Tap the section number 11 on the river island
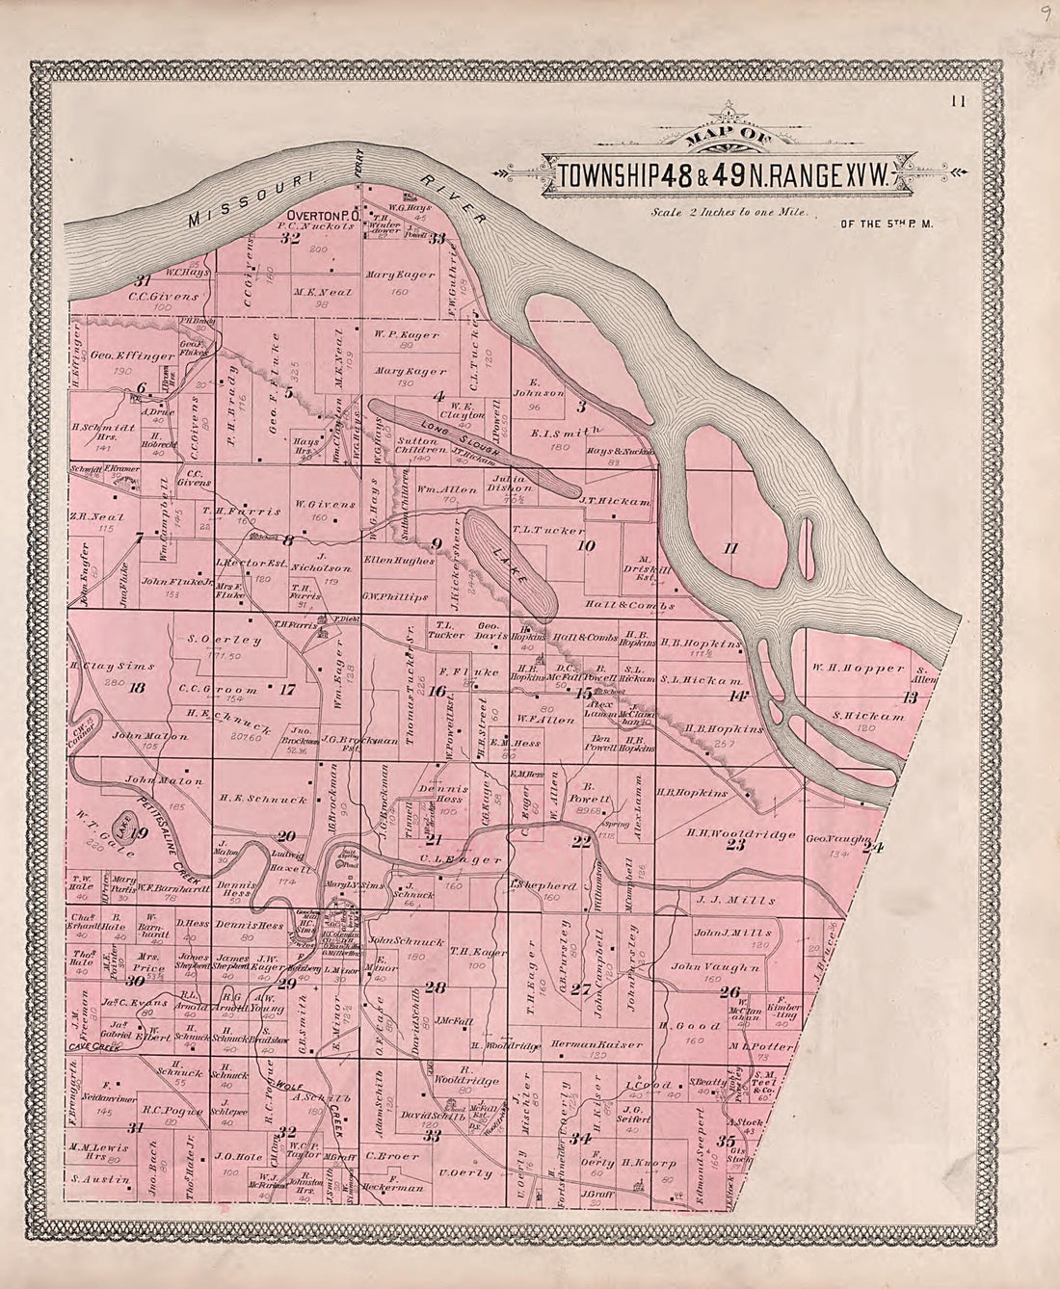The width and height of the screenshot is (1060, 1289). pos(729,548)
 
